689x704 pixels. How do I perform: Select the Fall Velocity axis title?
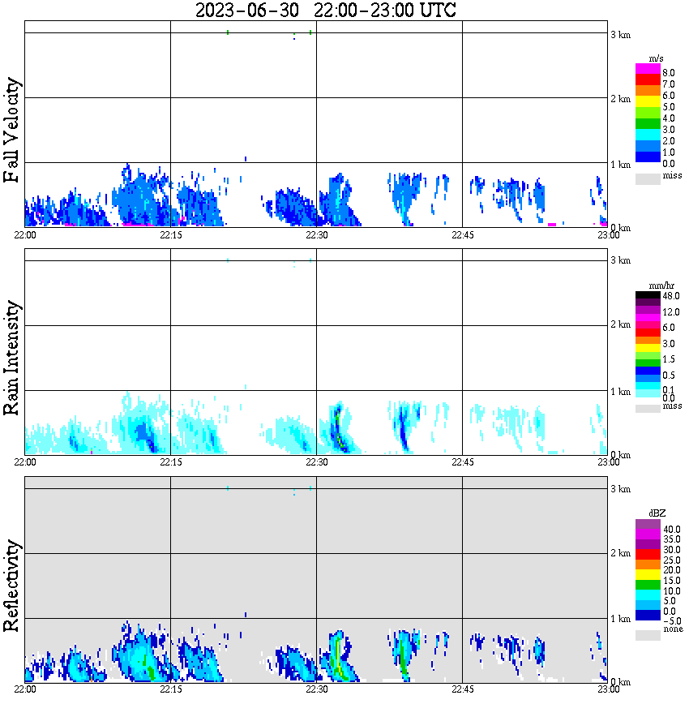coord(12,131)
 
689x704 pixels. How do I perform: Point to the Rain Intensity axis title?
coord(12,358)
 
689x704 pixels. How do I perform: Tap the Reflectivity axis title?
coord(12,586)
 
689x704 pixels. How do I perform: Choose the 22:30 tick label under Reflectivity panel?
coord(317,689)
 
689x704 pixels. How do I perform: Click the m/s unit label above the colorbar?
coord(657,58)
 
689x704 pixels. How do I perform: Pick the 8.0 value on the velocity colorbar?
coord(669,72)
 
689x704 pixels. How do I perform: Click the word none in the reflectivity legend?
coord(673,629)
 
